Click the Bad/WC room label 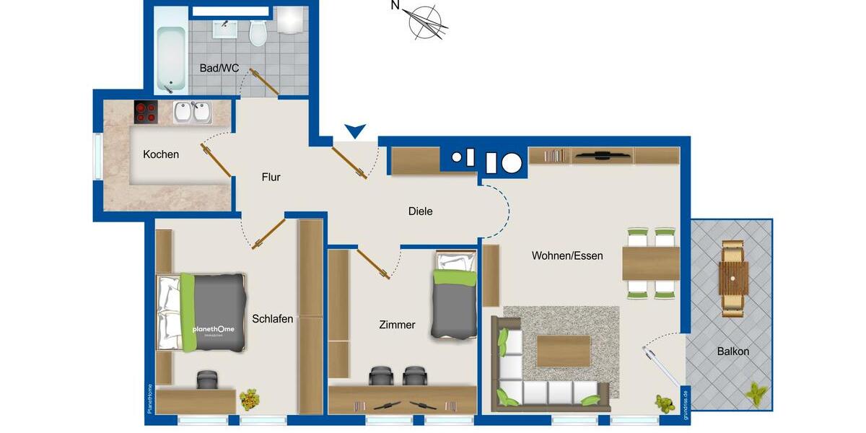coord(219,69)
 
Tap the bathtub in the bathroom coord(171,59)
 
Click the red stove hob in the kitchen coord(146,112)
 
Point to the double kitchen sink coord(192,113)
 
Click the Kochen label coord(161,154)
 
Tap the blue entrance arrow coord(354,131)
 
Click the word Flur coord(271,177)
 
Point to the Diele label coord(420,211)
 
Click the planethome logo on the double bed coord(214,330)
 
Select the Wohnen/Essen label coord(567,255)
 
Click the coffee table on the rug coord(564,351)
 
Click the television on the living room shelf coord(602,154)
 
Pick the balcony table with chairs coord(733,278)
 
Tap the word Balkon coord(733,351)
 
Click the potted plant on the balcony coord(756,394)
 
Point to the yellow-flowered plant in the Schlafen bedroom coord(249,397)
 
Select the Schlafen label coord(272,318)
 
